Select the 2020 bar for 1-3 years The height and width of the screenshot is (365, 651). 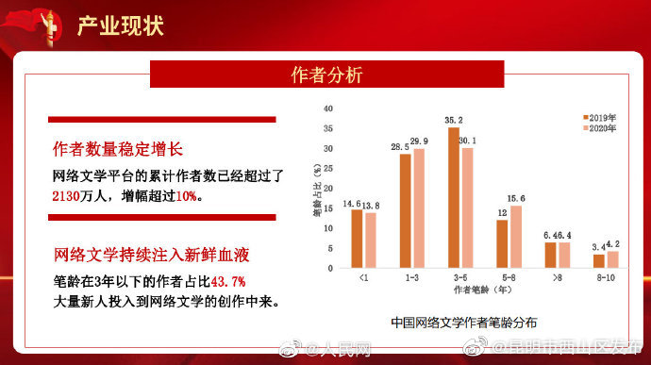[x=419, y=208]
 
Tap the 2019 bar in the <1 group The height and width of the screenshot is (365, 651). [x=357, y=239]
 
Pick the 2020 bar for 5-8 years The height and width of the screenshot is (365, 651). [x=516, y=237]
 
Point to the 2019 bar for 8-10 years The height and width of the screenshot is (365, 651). [x=598, y=261]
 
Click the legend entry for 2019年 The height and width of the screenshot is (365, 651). [x=600, y=116]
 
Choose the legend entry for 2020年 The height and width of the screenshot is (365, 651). [x=600, y=127]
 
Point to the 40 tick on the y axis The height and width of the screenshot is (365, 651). [x=328, y=108]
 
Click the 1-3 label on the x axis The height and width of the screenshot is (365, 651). [x=411, y=278]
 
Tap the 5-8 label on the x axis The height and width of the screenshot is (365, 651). [x=509, y=278]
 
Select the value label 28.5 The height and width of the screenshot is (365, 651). [x=400, y=147]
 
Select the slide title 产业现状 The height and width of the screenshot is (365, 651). [x=120, y=25]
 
